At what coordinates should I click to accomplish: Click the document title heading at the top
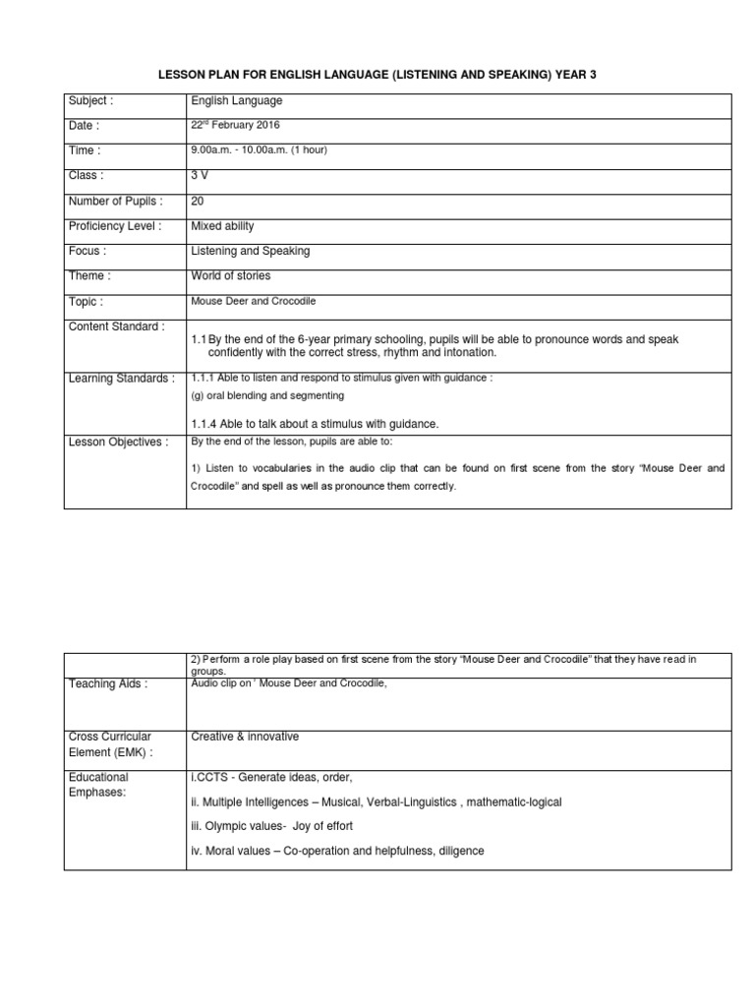(377, 75)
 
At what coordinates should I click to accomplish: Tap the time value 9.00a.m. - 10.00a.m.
(259, 150)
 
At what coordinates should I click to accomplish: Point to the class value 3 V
(200, 175)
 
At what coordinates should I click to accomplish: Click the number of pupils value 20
(198, 201)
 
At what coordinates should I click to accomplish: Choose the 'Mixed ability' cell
(223, 226)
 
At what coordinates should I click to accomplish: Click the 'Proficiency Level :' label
(115, 226)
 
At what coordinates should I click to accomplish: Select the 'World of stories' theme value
(230, 276)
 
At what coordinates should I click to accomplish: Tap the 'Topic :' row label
(86, 302)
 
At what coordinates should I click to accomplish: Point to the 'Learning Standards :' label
(121, 379)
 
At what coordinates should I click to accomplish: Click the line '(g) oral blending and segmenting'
(267, 395)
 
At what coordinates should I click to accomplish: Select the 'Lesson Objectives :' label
(118, 443)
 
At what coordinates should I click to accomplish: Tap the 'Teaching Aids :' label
(108, 685)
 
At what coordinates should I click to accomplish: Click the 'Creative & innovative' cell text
(245, 737)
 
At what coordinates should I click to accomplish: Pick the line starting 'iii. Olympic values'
(271, 826)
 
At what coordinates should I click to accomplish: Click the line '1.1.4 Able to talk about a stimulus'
(315, 424)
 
